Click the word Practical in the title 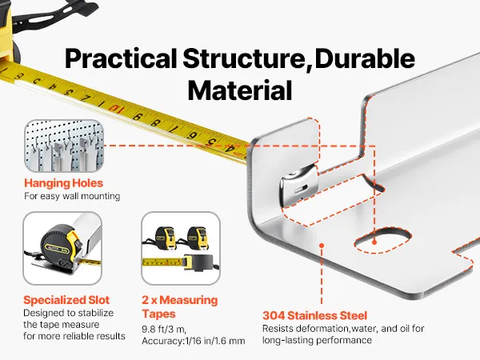click(121, 59)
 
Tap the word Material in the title click(240, 90)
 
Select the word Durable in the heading click(365, 58)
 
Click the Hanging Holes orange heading click(64, 183)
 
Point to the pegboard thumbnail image click(64, 146)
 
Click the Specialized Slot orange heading click(66, 300)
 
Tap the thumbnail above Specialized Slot click(62, 248)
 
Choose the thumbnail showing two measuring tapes click(181, 248)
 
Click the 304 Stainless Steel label click(314, 316)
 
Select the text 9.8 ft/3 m click(164, 330)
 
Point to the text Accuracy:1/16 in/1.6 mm click(194, 341)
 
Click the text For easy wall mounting click(72, 196)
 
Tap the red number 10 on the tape click(114, 108)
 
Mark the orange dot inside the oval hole click(374, 242)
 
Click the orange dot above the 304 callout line click(322, 246)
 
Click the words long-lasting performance click(317, 341)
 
